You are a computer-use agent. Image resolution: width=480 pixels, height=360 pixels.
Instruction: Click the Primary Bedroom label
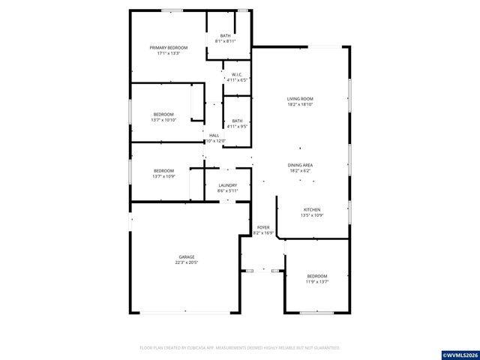167,48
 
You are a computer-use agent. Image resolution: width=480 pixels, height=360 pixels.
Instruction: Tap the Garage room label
186,256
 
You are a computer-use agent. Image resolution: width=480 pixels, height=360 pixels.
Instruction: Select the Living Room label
300,99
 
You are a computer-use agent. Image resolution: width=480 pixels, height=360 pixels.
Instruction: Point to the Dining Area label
300,165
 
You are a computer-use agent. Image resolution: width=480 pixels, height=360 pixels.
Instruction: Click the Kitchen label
311,210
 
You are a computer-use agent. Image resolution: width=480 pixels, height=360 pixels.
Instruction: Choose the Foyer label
262,227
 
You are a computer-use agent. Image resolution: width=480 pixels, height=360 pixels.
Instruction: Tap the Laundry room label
227,185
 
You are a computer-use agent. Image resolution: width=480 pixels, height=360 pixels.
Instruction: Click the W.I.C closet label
235,74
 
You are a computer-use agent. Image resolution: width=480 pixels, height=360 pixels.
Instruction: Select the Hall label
214,135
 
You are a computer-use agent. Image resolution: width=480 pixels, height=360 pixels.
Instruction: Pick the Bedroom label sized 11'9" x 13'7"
316,276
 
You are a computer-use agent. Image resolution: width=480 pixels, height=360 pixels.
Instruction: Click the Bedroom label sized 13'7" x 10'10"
163,114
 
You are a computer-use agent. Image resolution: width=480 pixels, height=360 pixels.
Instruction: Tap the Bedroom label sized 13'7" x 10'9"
163,170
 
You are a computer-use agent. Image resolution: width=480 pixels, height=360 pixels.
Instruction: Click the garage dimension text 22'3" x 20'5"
186,262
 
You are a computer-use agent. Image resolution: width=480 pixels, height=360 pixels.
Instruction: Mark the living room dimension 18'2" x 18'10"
300,105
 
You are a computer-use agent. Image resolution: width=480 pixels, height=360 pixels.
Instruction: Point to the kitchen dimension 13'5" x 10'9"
311,216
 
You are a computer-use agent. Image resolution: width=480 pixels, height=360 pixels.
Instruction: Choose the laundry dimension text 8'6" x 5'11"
227,190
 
